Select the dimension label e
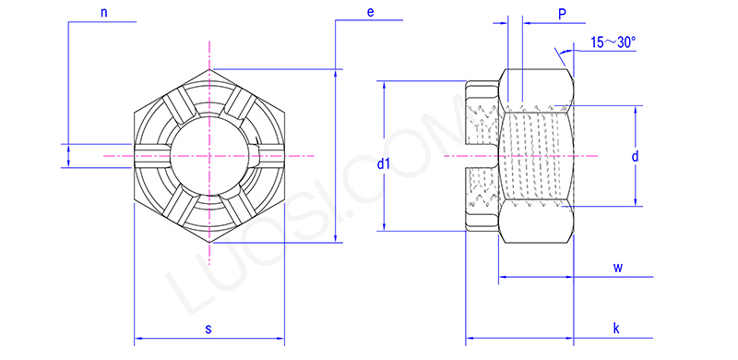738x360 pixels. (369, 13)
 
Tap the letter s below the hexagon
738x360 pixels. (208, 329)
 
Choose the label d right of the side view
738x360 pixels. (635, 157)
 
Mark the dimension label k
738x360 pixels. (615, 328)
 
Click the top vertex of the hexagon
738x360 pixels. (209, 68)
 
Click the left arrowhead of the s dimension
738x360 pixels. (139, 339)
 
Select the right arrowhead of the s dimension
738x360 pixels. (280, 339)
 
